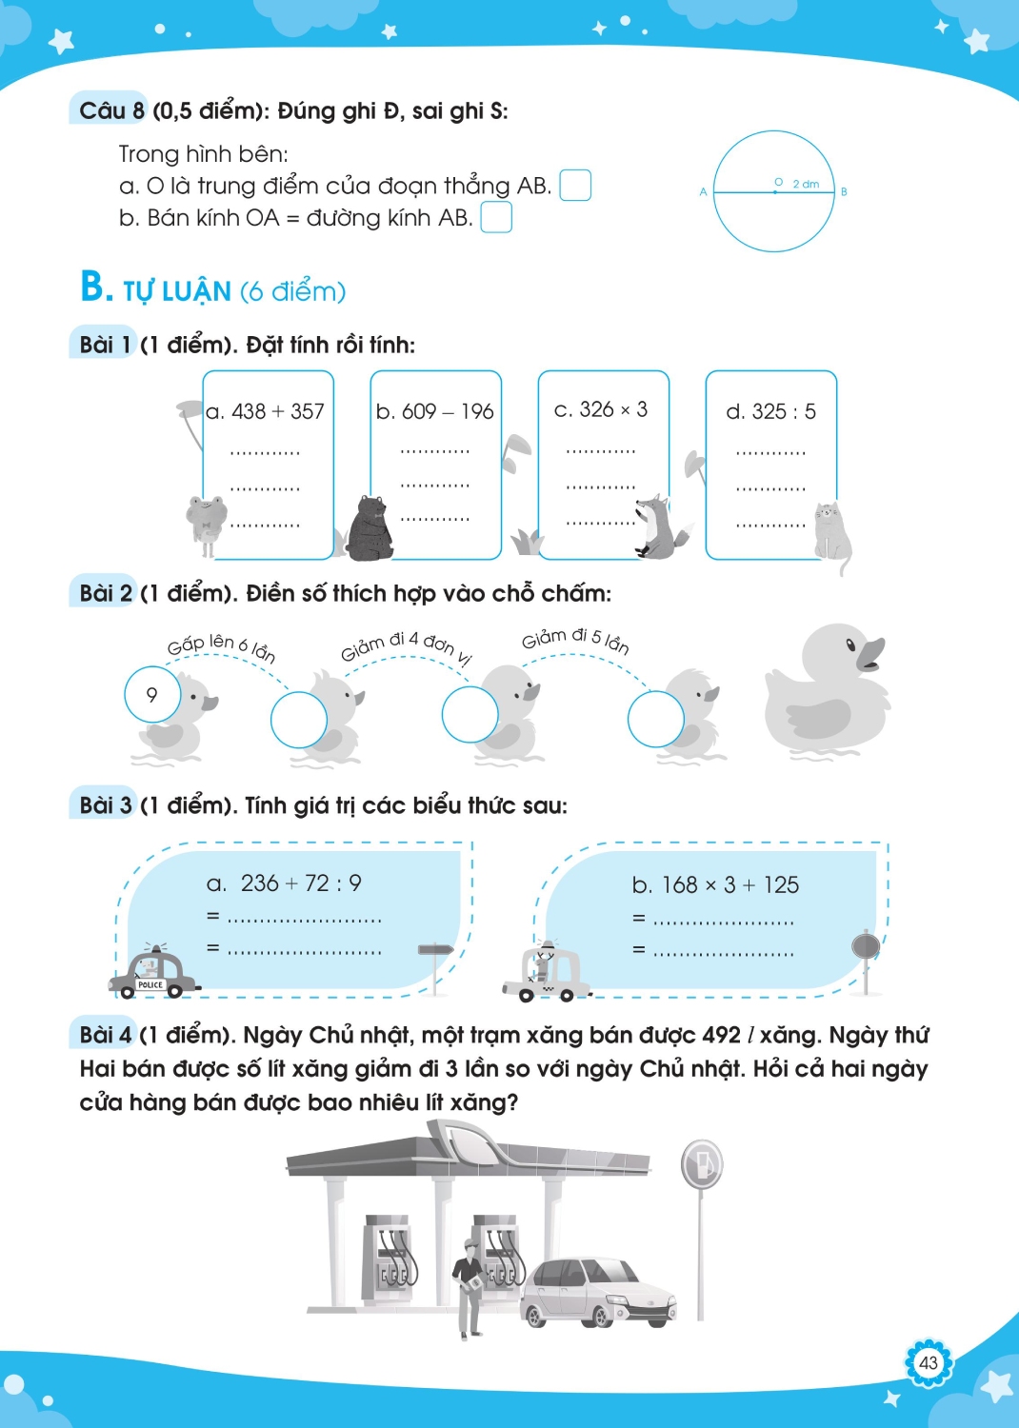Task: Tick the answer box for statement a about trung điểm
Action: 575,186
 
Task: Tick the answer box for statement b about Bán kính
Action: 496,217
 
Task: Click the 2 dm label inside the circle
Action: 806,185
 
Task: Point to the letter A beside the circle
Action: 704,192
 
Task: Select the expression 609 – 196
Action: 448,412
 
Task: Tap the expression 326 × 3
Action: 613,409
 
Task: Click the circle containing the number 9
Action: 152,695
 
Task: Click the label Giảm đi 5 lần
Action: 575,641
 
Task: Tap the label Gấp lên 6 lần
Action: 221,647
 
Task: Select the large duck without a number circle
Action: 828,691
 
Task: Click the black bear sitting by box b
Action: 371,528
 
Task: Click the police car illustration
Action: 153,972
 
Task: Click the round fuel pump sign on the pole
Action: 702,1164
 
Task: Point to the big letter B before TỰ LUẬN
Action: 94,287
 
